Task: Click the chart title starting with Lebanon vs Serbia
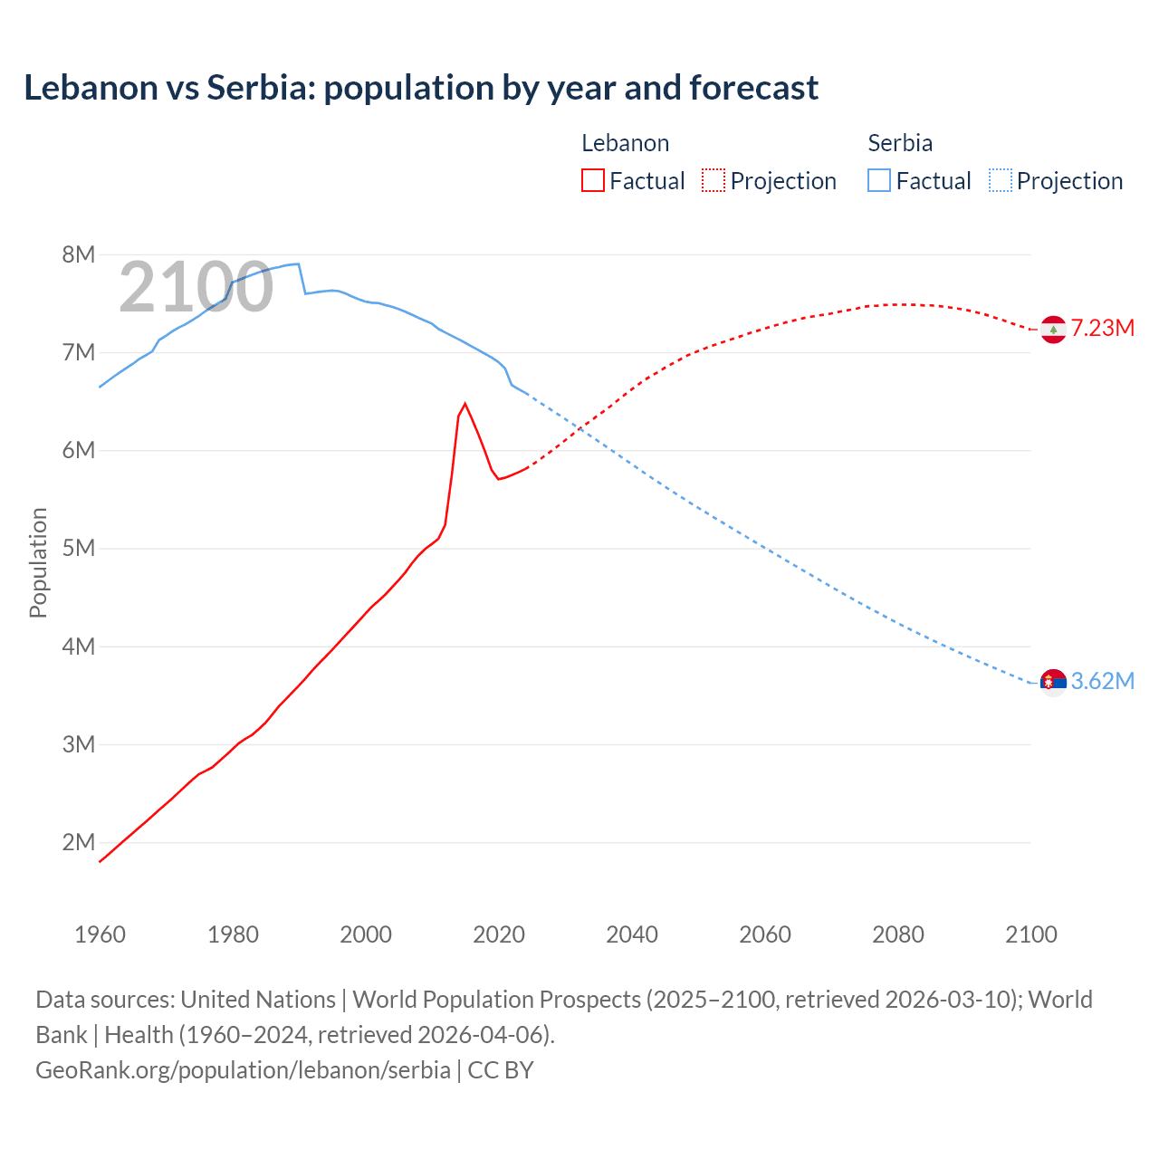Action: (421, 88)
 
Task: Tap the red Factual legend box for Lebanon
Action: (593, 180)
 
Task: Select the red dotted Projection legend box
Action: (714, 180)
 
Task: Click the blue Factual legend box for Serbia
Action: (879, 180)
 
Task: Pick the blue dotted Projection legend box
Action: (1000, 180)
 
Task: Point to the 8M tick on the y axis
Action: (79, 254)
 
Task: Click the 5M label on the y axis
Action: (79, 549)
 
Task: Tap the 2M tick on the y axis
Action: (79, 842)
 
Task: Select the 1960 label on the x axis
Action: (100, 934)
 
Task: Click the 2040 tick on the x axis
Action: (632, 934)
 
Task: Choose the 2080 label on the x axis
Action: (898, 934)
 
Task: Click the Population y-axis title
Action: (38, 562)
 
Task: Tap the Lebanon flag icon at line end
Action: (1053, 330)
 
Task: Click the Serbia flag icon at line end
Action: (1053, 682)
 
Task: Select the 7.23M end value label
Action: (1103, 328)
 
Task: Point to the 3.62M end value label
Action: (1103, 681)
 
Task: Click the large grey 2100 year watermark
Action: (196, 287)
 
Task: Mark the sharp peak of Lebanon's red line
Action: (465, 404)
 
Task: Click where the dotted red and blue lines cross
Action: (581, 428)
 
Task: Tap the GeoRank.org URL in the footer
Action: (243, 1070)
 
